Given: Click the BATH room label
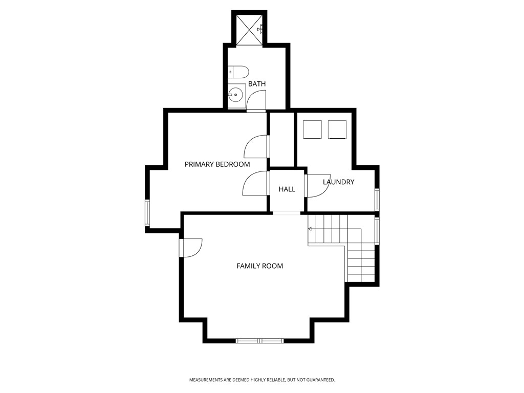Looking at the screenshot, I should [x=257, y=84].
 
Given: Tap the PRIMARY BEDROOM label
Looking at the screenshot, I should [x=217, y=164].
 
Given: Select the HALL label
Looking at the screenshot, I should [x=287, y=189].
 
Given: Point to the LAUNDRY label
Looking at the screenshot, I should [x=338, y=182].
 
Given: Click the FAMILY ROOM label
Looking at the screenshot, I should [x=259, y=266].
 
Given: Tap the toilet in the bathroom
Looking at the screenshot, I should [x=238, y=72].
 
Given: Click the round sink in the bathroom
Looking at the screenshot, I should [x=236, y=95].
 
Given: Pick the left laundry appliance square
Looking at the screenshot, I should [x=312, y=129].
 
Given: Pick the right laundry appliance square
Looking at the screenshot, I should [x=337, y=129].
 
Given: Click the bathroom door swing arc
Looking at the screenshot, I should [x=256, y=100].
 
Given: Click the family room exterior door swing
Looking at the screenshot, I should [x=192, y=247].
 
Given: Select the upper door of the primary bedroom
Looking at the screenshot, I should [x=256, y=147].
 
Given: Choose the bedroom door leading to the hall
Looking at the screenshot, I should [x=255, y=183].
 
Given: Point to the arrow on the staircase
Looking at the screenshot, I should [x=310, y=229].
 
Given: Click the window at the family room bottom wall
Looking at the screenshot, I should [x=259, y=340].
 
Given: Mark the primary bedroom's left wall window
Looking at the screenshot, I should [x=147, y=213].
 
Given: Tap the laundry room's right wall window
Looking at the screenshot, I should [x=377, y=200].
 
